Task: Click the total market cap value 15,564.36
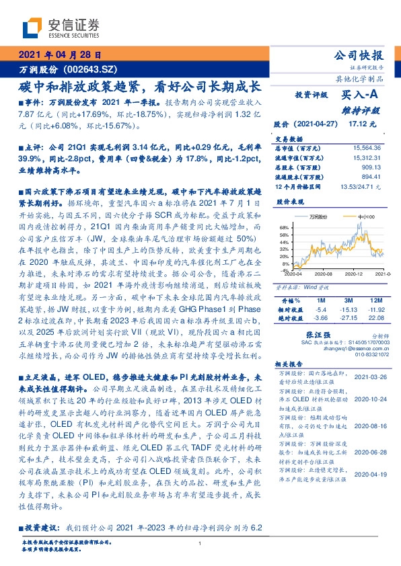[367, 147]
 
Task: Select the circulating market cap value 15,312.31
[367, 156]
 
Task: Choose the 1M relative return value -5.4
[321, 309]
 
